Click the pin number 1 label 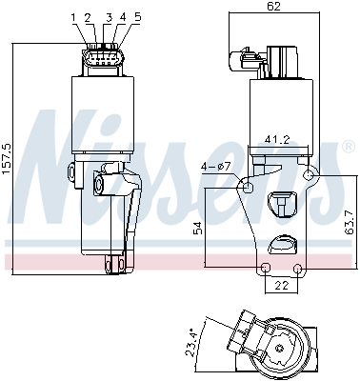73,17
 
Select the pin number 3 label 109,17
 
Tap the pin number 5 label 137,17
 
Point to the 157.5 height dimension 7,158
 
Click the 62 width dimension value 273,7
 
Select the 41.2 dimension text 278,140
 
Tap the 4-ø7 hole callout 215,168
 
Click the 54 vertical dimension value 197,228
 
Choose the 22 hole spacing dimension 282,286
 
